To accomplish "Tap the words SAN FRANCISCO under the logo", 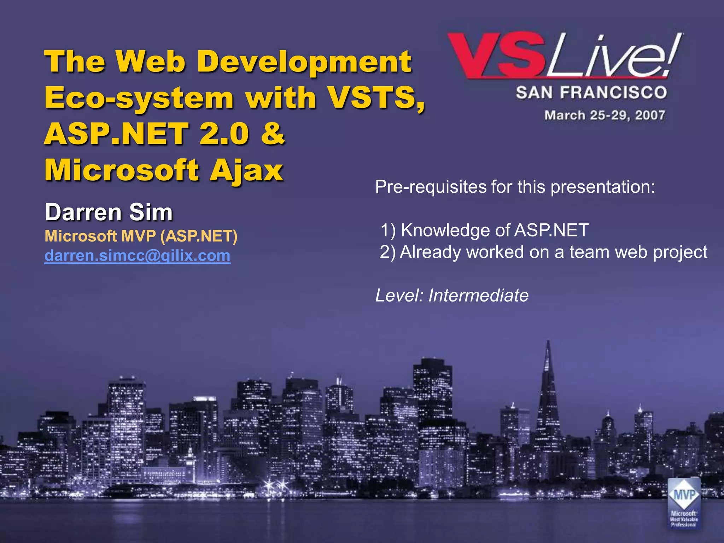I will pos(591,93).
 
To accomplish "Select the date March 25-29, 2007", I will pos(605,115).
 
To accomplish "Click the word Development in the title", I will pos(304,62).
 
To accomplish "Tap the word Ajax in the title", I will pos(246,170).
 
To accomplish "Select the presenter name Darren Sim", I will pos(109,212).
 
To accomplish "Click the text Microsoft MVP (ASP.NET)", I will pos(141,236).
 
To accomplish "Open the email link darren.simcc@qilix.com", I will pos(137,255).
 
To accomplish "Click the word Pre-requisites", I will pos(431,187).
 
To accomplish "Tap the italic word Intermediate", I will pos(478,295).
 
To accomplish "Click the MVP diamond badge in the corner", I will pos(684,495).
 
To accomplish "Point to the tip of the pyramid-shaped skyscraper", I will pos(548,342).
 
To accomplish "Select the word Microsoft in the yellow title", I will pos(122,170).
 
